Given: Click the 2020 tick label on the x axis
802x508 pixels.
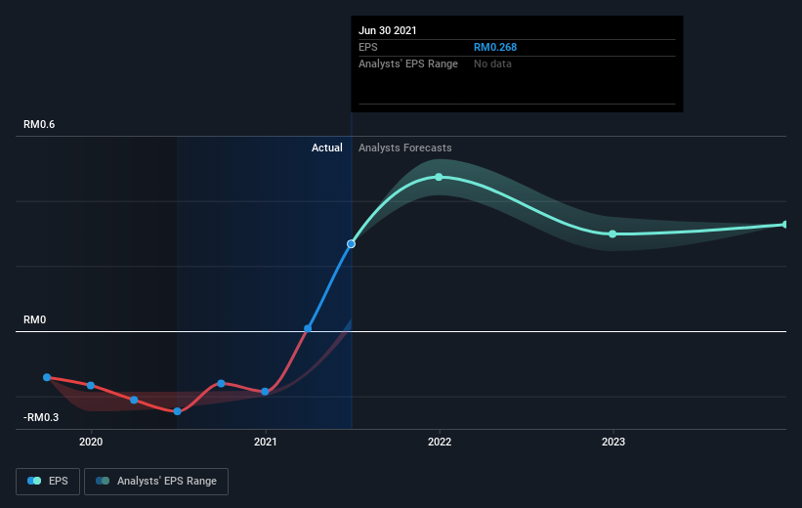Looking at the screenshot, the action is pyautogui.click(x=91, y=442).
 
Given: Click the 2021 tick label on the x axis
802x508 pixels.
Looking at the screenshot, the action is pyautogui.click(x=265, y=442).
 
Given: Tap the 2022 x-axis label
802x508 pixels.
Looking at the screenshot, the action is pyautogui.click(x=440, y=442).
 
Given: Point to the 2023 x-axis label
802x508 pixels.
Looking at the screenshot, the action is pyautogui.click(x=613, y=442).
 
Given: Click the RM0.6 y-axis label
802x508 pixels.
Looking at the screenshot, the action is pyautogui.click(x=39, y=124).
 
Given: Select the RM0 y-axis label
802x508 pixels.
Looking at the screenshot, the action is pyautogui.click(x=35, y=319).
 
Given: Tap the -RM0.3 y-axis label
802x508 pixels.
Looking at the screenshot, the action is pyautogui.click(x=41, y=417).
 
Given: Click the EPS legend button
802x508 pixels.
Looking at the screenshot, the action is pyautogui.click(x=48, y=482).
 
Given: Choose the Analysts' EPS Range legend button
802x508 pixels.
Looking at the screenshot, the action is pyautogui.click(x=156, y=482).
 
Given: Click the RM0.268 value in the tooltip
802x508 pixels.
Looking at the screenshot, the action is pyautogui.click(x=495, y=47).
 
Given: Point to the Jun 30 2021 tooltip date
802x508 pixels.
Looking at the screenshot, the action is pyautogui.click(x=387, y=30).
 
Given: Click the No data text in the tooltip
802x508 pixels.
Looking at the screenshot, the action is pyautogui.click(x=492, y=63).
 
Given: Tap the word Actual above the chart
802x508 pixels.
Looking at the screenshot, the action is pyautogui.click(x=327, y=148).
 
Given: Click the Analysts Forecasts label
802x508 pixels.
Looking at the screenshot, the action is pyautogui.click(x=405, y=148).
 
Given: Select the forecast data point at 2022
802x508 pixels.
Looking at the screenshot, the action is pyautogui.click(x=439, y=177).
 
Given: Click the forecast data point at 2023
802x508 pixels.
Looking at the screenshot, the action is pyautogui.click(x=612, y=234).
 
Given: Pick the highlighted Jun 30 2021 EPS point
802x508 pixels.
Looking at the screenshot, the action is pyautogui.click(x=351, y=244).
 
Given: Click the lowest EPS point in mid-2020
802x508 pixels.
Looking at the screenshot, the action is pyautogui.click(x=178, y=411).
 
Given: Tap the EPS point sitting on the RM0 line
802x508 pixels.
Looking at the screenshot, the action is pyautogui.click(x=308, y=328).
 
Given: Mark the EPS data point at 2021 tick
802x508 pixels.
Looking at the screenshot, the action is pyautogui.click(x=265, y=392).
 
